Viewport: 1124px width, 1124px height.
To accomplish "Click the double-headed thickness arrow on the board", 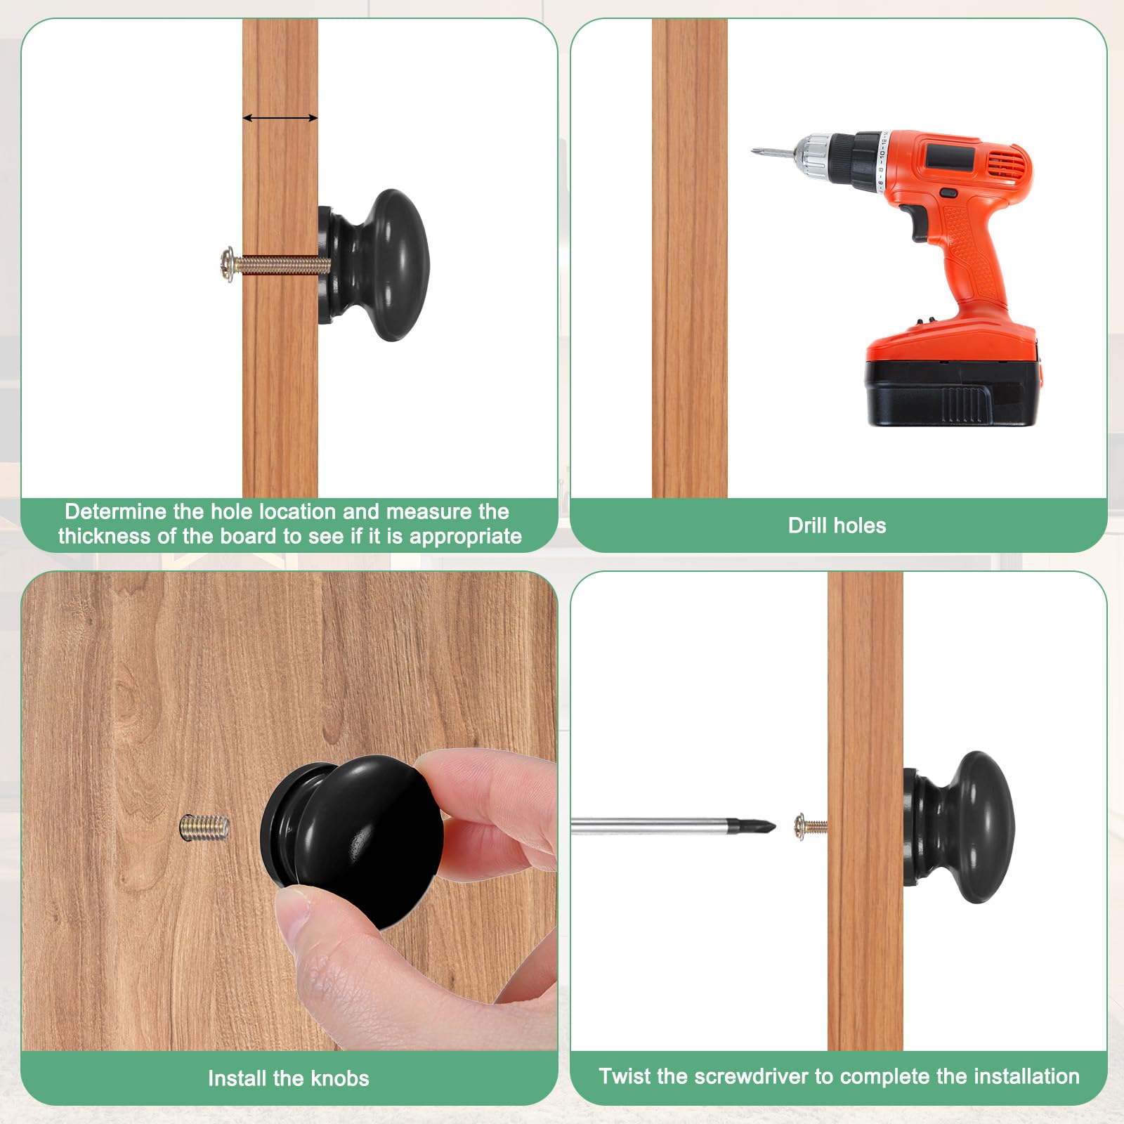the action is tap(280, 118).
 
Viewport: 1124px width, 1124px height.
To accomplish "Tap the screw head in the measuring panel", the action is tap(227, 265).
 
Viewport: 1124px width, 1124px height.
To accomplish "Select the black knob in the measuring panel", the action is tap(373, 265).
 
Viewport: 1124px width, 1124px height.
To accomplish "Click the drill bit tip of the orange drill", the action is tap(754, 150).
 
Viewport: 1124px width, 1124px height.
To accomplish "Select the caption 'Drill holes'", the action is tap(837, 525).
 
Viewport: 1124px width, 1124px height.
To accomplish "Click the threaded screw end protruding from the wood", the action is tap(204, 827).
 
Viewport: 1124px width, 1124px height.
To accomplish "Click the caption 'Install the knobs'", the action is tap(289, 1078).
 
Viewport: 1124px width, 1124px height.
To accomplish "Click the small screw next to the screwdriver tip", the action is tap(810, 826).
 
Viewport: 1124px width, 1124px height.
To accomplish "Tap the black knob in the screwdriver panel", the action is tap(959, 826).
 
